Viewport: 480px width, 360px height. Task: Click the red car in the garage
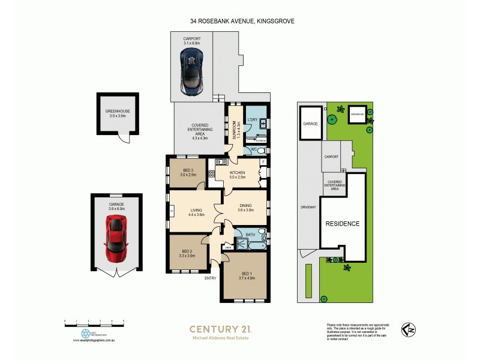click(116, 238)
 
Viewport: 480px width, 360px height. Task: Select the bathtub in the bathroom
click(255, 245)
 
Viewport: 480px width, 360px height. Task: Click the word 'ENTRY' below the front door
click(210, 278)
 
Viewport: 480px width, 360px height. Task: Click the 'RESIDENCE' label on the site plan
click(343, 224)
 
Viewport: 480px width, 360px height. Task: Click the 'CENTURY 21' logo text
click(220, 328)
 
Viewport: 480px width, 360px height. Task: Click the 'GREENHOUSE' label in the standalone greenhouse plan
click(117, 112)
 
